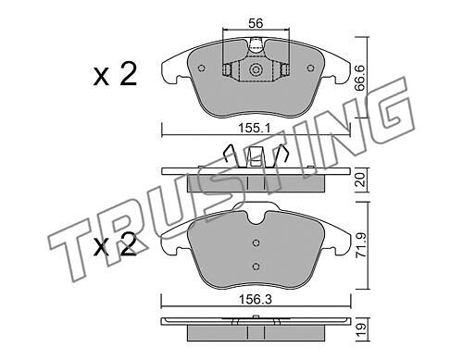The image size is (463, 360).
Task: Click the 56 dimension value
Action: pos(256,23)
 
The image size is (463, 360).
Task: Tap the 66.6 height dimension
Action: pos(360,78)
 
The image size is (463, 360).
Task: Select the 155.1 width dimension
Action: pos(254,128)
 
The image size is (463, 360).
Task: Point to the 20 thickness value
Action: pos(360,180)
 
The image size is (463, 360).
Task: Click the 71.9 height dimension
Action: pos(361,245)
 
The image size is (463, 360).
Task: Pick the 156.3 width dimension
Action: pos(256,300)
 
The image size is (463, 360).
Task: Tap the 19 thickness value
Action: pos(361,330)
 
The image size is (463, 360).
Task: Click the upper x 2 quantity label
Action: pos(115,74)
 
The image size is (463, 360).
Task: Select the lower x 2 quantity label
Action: pos(115,244)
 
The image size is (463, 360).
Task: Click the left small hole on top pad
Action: pos(202,68)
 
